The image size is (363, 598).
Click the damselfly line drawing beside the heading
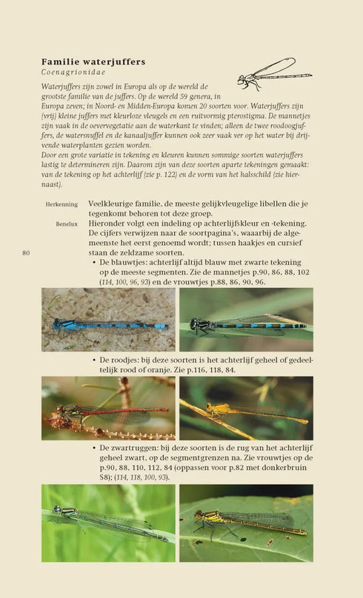pos(274,73)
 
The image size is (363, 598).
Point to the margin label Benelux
pos(65,223)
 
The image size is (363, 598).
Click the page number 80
pos(26,253)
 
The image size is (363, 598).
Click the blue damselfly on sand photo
pos(108,319)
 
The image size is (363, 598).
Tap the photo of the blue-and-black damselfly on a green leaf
pos(246,319)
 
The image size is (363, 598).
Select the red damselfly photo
pos(108,408)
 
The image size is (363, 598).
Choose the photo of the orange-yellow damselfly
pos(246,408)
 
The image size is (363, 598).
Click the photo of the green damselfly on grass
pos(108,523)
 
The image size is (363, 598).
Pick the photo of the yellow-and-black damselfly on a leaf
pos(246,523)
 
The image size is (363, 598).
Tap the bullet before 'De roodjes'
pos(94,360)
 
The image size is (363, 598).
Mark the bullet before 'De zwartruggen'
pos(94,448)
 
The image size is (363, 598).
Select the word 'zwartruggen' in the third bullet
pos(139,448)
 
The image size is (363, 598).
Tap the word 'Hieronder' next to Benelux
pos(109,223)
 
